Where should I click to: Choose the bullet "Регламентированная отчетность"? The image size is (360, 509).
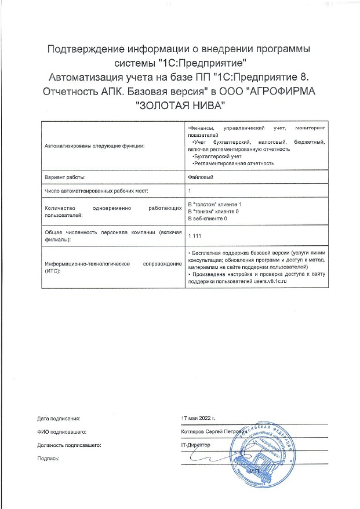pos(233,164)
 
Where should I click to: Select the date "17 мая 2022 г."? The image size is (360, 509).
pos(198,417)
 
